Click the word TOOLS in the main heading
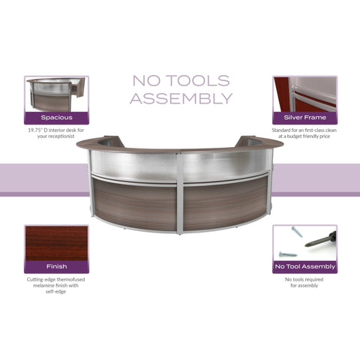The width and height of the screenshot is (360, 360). pyautogui.click(x=198, y=81)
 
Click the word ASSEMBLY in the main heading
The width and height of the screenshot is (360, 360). pyautogui.click(x=181, y=98)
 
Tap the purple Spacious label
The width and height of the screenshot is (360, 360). pyautogui.click(x=56, y=118)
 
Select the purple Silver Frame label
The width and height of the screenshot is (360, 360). pyautogui.click(x=304, y=118)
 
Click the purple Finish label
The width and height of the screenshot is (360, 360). pyautogui.click(x=56, y=267)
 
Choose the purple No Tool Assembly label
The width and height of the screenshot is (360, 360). pyautogui.click(x=304, y=267)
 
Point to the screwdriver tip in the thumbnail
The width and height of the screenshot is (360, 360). pyautogui.click(x=306, y=245)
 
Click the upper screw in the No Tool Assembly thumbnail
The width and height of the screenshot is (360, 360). pyautogui.click(x=297, y=232)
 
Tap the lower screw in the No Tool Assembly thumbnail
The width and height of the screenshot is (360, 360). pyautogui.click(x=288, y=254)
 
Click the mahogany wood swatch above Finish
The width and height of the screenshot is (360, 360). pyautogui.click(x=56, y=243)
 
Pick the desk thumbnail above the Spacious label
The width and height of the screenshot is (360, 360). pyautogui.click(x=56, y=94)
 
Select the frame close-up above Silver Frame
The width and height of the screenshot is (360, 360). pyautogui.click(x=304, y=94)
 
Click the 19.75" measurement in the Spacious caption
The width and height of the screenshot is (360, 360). pyautogui.click(x=35, y=130)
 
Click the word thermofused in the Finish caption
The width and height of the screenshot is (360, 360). pyautogui.click(x=71, y=280)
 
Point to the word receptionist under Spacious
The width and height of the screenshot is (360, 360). pyautogui.click(x=63, y=136)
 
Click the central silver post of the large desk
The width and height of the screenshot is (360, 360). pyautogui.click(x=179, y=193)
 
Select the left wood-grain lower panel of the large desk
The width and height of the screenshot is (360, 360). pyautogui.click(x=134, y=203)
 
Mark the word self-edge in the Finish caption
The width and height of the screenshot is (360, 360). pyautogui.click(x=55, y=292)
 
